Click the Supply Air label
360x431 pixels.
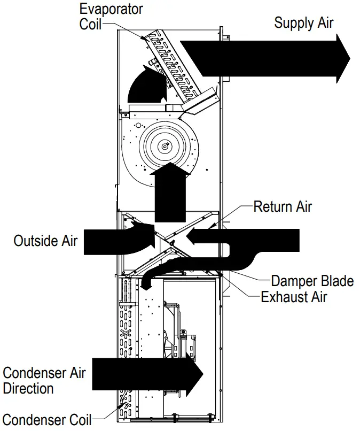click(x=303, y=23)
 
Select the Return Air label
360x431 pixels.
click(x=283, y=206)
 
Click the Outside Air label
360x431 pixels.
click(x=45, y=240)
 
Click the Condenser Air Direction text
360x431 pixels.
click(x=44, y=380)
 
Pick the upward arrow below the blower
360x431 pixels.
click(x=169, y=193)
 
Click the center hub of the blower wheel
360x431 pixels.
click(x=165, y=145)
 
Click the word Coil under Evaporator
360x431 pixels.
click(x=90, y=25)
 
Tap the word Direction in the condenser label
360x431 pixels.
click(x=28, y=388)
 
